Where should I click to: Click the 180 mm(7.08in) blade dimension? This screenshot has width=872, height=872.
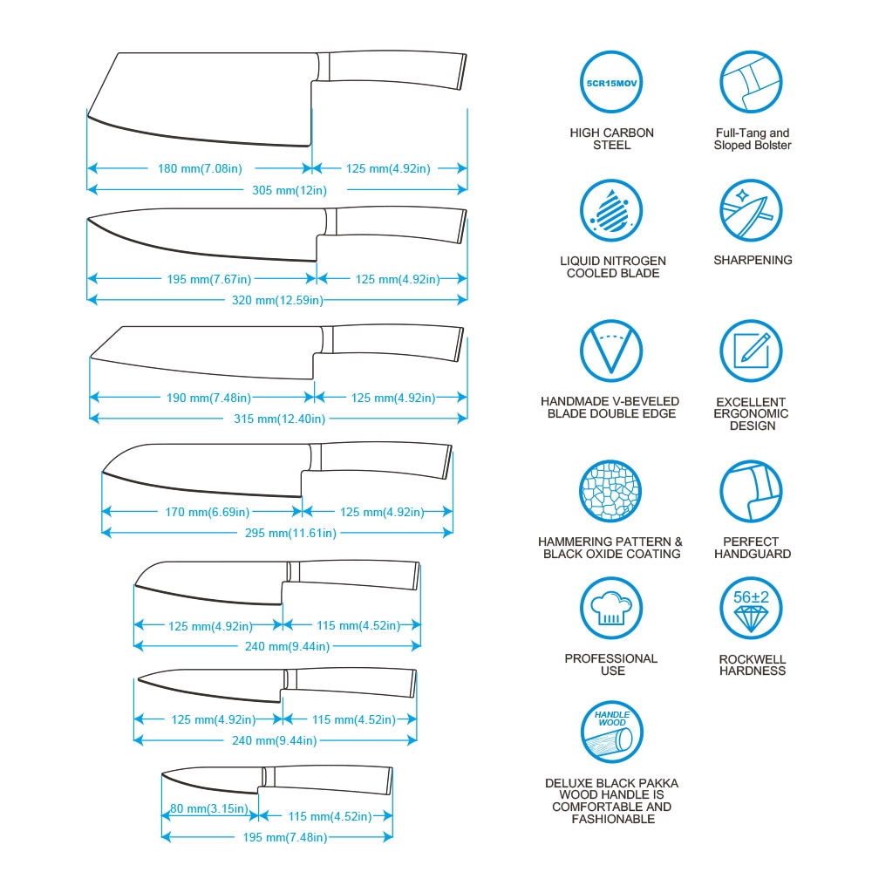201,168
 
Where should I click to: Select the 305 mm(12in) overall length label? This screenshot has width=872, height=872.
290,190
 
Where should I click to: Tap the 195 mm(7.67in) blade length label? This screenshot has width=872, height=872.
209,279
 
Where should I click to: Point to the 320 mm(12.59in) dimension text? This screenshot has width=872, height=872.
277,300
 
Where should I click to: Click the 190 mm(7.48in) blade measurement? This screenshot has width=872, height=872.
208,398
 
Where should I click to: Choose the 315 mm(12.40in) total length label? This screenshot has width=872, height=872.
279,419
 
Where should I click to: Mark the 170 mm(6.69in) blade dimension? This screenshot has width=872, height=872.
207,512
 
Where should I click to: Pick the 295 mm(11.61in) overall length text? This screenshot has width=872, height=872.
290,534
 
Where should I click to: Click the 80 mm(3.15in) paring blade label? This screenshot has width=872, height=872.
209,808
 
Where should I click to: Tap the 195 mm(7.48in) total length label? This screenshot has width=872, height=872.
285,837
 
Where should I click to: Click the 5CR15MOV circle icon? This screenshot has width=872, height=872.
611,82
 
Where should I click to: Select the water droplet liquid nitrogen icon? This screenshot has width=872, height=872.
611,211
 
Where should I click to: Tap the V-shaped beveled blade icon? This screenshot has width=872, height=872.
611,351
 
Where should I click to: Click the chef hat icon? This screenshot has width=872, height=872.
611,609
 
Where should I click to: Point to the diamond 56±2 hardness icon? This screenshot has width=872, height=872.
751,609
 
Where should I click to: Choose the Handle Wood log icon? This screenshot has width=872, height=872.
612,732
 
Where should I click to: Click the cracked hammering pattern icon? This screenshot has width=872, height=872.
610,492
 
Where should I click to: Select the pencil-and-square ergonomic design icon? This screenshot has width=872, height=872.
751,351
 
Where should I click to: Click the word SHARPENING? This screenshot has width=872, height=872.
753,260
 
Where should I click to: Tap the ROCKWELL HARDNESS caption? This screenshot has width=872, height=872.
753,665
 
